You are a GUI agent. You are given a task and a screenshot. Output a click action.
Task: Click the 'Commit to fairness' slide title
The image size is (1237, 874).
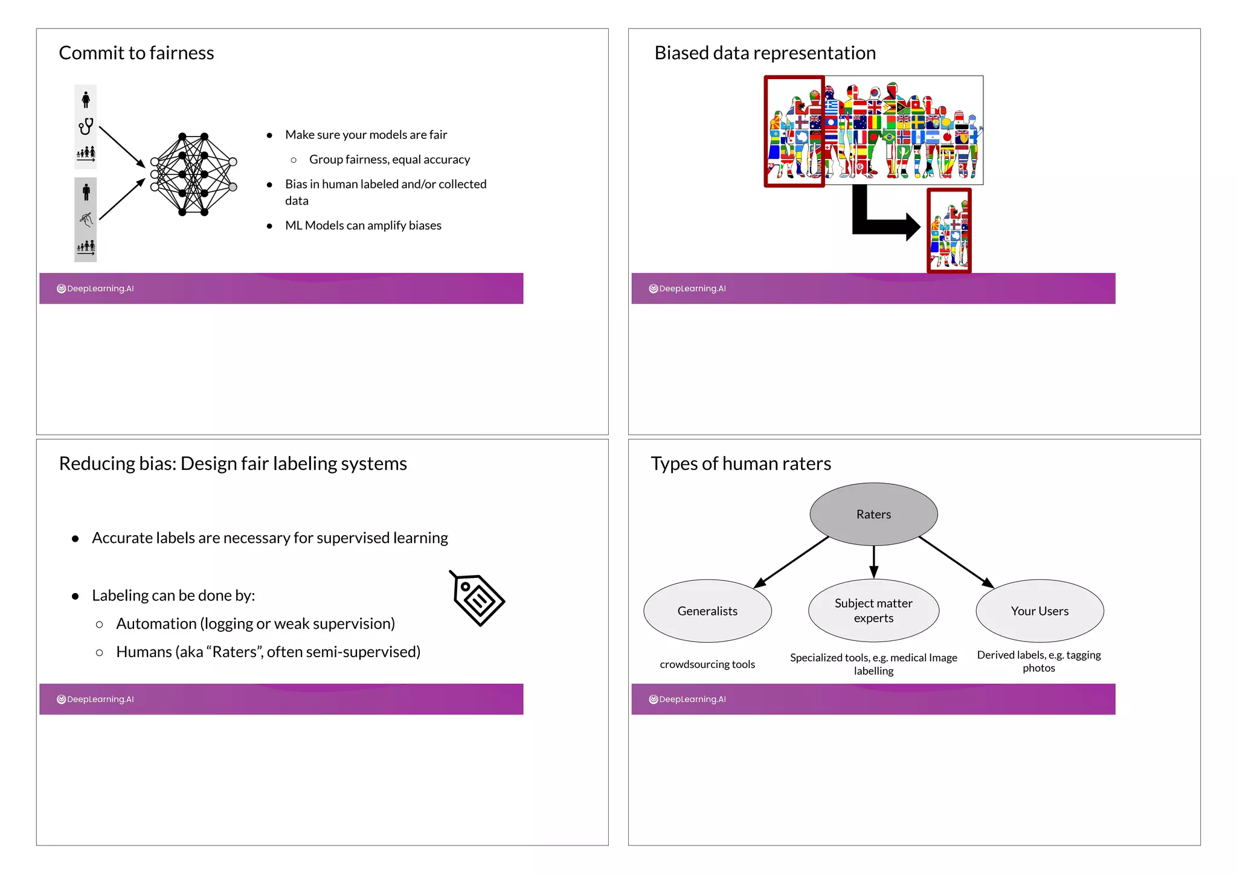[136, 53]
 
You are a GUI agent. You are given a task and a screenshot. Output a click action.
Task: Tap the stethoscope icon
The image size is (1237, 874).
[86, 126]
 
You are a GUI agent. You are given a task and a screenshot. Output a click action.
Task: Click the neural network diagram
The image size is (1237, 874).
[193, 174]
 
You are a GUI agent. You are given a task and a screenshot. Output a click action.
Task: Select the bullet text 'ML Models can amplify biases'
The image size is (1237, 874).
[363, 225]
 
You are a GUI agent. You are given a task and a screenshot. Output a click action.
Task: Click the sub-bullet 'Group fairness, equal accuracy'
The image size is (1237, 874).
[389, 159]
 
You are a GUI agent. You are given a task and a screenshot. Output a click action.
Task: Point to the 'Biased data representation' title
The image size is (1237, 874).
[765, 53]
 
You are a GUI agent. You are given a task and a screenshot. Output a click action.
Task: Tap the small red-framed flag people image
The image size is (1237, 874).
[949, 231]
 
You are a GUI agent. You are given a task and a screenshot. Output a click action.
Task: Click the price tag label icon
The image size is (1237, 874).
[478, 598]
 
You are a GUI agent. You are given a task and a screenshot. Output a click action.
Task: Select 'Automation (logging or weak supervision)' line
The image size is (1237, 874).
[255, 623]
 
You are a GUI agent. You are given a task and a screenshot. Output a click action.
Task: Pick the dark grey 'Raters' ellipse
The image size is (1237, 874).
[873, 514]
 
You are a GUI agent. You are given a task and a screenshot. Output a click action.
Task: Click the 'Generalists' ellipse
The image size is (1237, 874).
[707, 611]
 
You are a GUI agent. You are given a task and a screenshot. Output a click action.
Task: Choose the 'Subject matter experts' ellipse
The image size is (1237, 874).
[873, 611]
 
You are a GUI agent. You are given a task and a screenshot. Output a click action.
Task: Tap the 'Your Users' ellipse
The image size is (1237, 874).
[1039, 611]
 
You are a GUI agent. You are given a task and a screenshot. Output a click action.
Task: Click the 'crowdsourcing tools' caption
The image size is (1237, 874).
[707, 664]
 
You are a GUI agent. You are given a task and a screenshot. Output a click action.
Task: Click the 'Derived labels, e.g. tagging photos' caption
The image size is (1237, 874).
[1039, 661]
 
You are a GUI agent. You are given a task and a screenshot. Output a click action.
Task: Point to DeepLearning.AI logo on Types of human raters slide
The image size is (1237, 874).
[687, 699]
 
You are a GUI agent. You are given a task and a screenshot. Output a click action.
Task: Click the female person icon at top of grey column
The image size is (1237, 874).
[86, 99]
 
